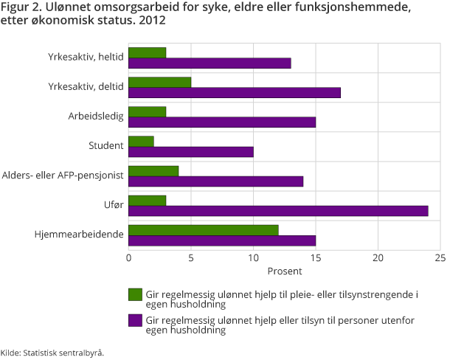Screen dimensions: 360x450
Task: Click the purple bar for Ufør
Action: point(278,211)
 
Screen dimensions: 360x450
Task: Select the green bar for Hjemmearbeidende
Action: point(204,230)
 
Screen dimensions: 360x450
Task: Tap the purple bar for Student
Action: point(191,152)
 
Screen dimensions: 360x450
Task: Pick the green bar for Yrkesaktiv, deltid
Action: point(160,82)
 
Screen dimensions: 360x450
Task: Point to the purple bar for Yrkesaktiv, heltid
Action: point(210,63)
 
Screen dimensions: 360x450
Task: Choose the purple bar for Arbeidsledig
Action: point(222,122)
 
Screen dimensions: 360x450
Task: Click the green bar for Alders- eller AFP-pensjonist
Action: point(153,171)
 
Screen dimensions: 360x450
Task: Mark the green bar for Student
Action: point(141,141)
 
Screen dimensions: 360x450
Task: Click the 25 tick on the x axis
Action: point(440,257)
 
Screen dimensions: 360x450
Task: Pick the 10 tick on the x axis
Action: point(253,257)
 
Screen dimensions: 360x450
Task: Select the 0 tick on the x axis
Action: point(129,257)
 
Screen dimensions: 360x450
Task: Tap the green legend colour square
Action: point(135,294)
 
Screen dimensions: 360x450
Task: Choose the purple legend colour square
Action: point(135,320)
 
